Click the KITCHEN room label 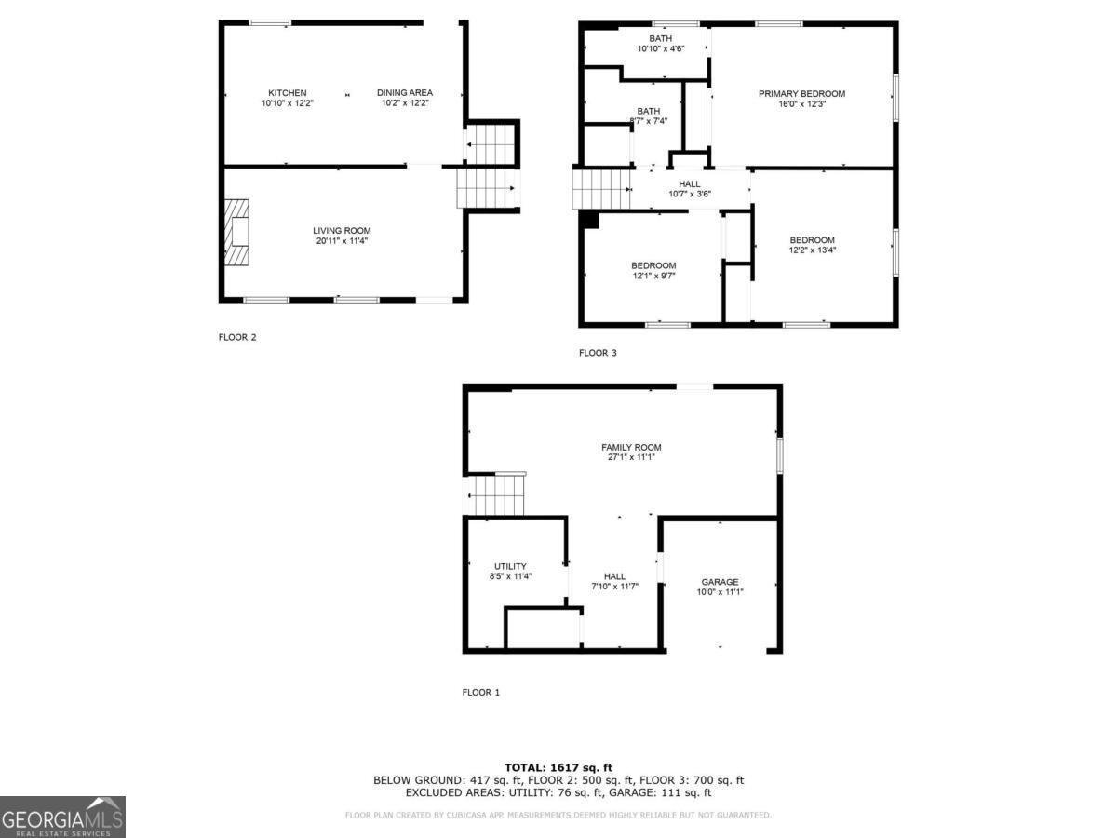click(287, 93)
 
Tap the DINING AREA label click(405, 93)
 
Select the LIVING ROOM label click(342, 231)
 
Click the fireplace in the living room click(236, 231)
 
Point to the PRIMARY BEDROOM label click(801, 94)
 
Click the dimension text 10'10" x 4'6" click(661, 49)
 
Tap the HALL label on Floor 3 click(690, 184)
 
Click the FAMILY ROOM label click(631, 448)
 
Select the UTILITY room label click(510, 566)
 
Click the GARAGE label click(720, 582)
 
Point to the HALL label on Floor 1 click(614, 576)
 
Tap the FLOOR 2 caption click(237, 337)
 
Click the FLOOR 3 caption click(598, 353)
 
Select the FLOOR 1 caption click(481, 693)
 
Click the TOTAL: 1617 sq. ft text click(558, 767)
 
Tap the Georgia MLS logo click(62, 817)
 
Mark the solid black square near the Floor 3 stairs click(589, 219)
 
